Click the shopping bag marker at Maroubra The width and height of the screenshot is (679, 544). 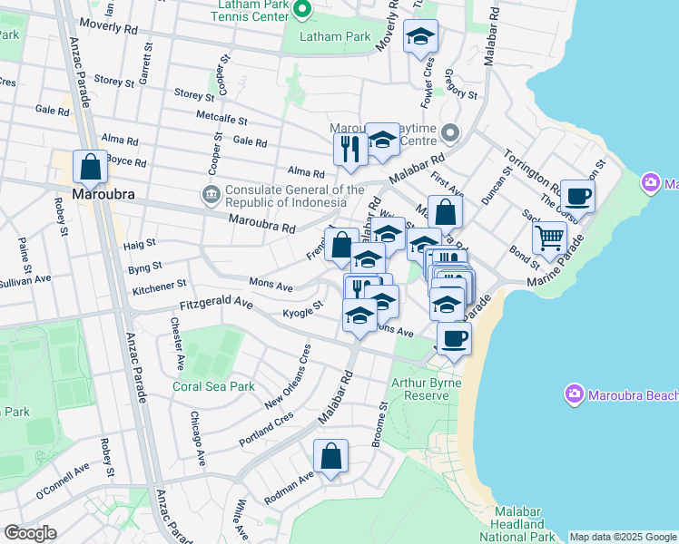pyautogui.click(x=90, y=168)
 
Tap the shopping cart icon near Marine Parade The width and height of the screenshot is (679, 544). pyautogui.click(x=550, y=238)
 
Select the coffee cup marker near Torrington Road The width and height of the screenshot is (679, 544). pyautogui.click(x=577, y=196)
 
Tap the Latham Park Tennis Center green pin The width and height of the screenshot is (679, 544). pyautogui.click(x=302, y=11)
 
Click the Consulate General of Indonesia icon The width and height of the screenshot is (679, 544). pyautogui.click(x=210, y=193)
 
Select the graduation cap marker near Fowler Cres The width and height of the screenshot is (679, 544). pyautogui.click(x=420, y=37)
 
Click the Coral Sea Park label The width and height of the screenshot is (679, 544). pyautogui.click(x=213, y=386)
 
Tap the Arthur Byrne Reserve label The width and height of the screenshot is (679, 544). pyautogui.click(x=426, y=389)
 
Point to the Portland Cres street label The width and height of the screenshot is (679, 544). pyautogui.click(x=266, y=425)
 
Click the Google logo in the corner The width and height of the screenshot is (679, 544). pyautogui.click(x=30, y=533)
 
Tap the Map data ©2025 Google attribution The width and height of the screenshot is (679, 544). pyautogui.click(x=623, y=537)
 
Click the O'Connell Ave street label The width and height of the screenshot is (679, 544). pyautogui.click(x=63, y=482)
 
